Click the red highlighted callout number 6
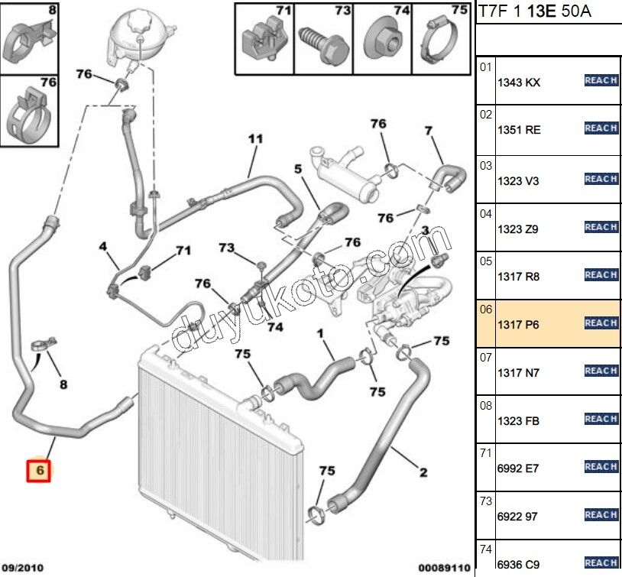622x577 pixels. coord(38,472)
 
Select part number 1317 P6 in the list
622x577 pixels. coord(519,325)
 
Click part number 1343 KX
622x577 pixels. coord(519,83)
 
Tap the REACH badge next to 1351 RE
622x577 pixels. coord(601,128)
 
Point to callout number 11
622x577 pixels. coord(255,139)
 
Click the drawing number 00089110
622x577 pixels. coord(440,567)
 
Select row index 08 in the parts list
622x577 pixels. coord(485,407)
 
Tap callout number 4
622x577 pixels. coord(103,246)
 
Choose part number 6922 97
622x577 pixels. coord(517,517)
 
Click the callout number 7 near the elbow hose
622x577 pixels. coord(429,131)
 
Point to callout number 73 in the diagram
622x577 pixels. coord(226,248)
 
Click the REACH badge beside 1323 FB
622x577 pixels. coord(601,419)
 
